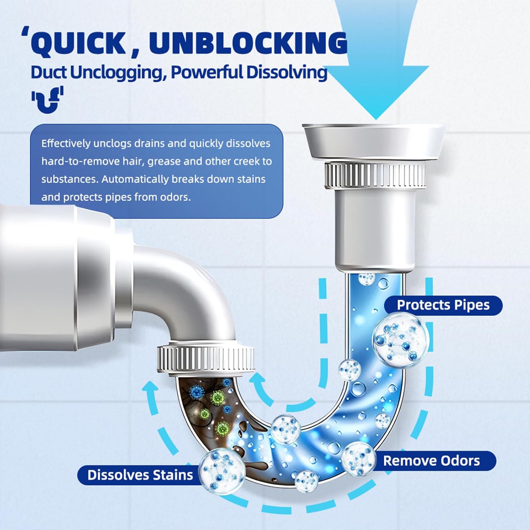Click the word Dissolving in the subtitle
click(287, 72)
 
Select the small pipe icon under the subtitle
click(47, 100)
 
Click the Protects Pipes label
click(443, 305)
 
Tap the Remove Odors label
click(432, 461)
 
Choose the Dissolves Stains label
click(140, 475)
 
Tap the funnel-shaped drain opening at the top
click(375, 140)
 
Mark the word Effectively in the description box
click(66, 143)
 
